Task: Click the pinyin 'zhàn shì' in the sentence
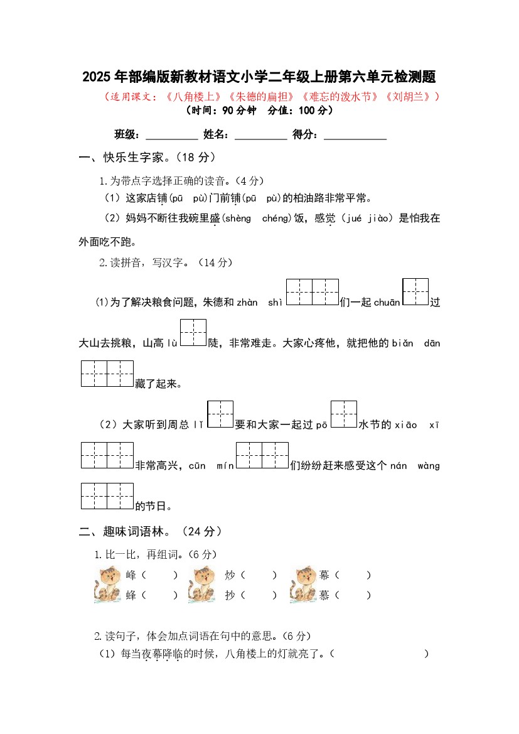(x=260, y=303)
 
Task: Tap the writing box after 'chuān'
(x=415, y=292)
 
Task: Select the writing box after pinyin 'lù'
(x=193, y=333)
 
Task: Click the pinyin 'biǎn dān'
(x=416, y=343)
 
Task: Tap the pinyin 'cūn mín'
(x=211, y=466)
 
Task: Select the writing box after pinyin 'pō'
(x=343, y=414)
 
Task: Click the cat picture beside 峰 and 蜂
(x=108, y=585)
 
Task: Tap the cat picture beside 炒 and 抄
(x=202, y=585)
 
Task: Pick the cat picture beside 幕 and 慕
(x=303, y=585)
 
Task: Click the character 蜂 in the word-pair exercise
(x=131, y=595)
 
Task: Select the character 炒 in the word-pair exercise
(x=230, y=575)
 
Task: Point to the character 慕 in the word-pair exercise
(x=324, y=595)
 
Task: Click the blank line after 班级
(x=171, y=135)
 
